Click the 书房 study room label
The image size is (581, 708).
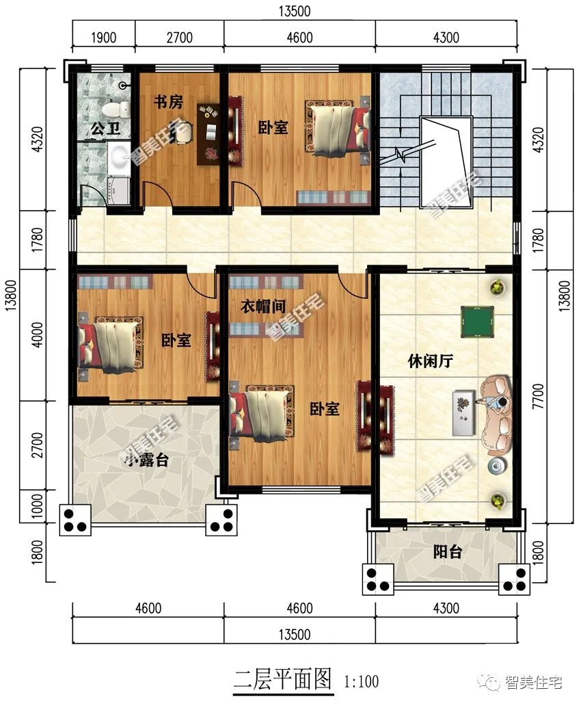click(168, 102)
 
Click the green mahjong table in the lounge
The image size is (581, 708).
click(477, 321)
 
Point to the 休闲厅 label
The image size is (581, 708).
click(430, 360)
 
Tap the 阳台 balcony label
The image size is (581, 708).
click(448, 551)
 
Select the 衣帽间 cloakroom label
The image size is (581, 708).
click(263, 306)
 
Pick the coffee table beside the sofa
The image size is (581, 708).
click(463, 412)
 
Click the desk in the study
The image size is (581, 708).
click(208, 134)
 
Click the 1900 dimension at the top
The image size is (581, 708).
click(104, 38)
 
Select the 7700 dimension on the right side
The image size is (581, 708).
click(539, 397)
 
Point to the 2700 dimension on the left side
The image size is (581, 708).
click(38, 445)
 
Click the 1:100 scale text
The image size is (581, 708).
click(361, 681)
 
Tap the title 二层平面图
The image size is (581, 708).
click(283, 679)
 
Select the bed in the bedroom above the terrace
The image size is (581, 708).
click(111, 344)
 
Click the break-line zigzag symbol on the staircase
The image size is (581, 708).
click(400, 154)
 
